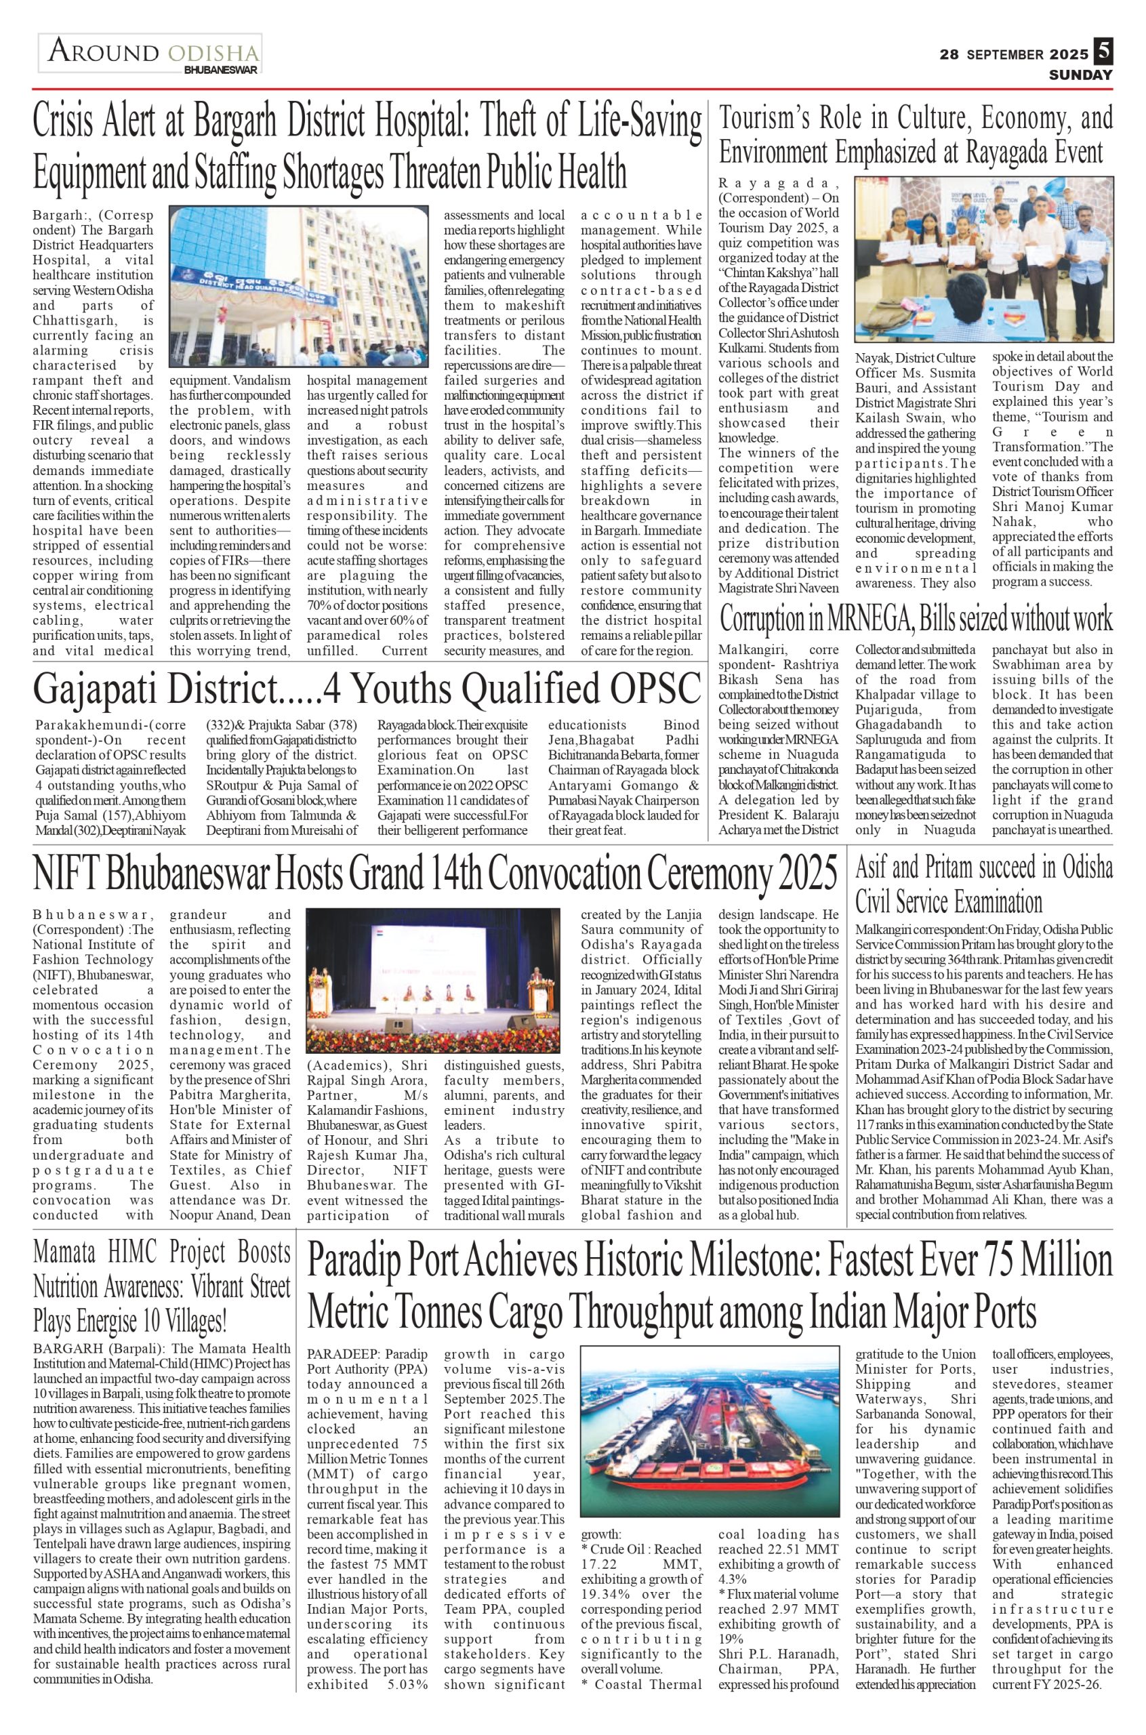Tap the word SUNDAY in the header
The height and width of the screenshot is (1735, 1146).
point(1080,75)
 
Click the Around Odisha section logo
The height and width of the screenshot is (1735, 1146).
point(150,53)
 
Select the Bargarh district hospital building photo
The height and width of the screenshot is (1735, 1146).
point(298,286)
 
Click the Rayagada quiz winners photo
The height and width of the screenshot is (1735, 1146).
point(984,260)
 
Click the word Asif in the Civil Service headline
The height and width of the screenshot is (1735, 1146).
point(872,868)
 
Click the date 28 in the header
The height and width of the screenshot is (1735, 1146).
point(949,54)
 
